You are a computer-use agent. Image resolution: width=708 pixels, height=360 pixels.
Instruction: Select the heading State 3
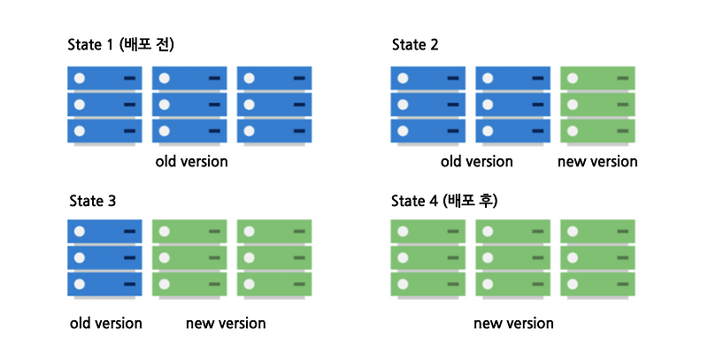(x=93, y=201)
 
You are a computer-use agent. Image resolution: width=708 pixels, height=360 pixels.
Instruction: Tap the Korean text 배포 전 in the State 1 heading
(x=150, y=44)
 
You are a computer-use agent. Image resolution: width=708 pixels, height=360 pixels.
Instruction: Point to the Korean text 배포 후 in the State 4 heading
(x=473, y=201)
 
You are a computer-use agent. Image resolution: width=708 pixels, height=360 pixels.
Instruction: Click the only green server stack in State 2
(x=598, y=104)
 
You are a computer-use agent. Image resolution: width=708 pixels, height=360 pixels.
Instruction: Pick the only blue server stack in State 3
(x=105, y=258)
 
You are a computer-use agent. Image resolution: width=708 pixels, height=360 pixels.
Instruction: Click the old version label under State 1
(x=191, y=162)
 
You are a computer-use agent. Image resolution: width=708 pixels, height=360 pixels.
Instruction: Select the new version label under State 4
(x=513, y=323)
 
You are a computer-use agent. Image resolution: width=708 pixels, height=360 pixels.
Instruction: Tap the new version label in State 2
(x=597, y=162)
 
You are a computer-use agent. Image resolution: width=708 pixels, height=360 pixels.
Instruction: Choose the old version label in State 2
(x=476, y=162)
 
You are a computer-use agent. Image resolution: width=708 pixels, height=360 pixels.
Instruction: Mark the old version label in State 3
(x=105, y=323)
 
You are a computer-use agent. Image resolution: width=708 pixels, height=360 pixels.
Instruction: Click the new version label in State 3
(x=226, y=323)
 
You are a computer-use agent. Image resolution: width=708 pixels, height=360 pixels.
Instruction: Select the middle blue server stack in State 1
(x=189, y=104)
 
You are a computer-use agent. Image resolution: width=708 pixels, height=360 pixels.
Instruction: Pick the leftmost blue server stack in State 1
(x=105, y=104)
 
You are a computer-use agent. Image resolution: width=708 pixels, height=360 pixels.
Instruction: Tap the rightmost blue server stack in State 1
(x=274, y=104)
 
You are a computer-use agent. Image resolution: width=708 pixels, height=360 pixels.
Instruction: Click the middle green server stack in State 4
(x=513, y=258)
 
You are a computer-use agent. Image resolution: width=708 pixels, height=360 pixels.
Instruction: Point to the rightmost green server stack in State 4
(x=598, y=258)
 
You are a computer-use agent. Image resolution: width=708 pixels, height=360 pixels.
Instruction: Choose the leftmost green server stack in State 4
(x=428, y=258)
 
